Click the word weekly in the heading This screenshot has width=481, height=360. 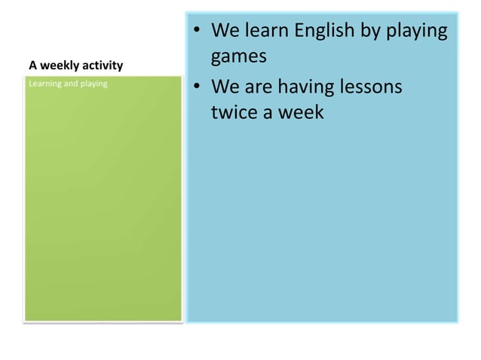coord(55,66)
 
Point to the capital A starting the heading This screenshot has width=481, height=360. coord(32,66)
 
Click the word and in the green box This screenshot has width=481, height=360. coord(72,83)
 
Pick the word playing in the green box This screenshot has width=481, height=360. coord(94,83)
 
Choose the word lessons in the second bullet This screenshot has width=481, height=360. coord(366,87)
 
